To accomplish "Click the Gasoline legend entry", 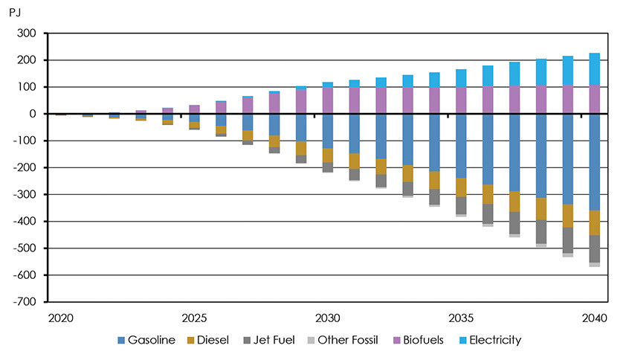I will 148,341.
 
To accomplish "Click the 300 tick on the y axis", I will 28,33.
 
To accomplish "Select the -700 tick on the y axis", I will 25,302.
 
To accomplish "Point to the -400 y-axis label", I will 25,222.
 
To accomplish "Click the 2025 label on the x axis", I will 194,318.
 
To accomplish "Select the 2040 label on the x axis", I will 595,318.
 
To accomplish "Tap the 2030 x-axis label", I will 328,318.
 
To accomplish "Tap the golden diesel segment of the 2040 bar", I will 595,222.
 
